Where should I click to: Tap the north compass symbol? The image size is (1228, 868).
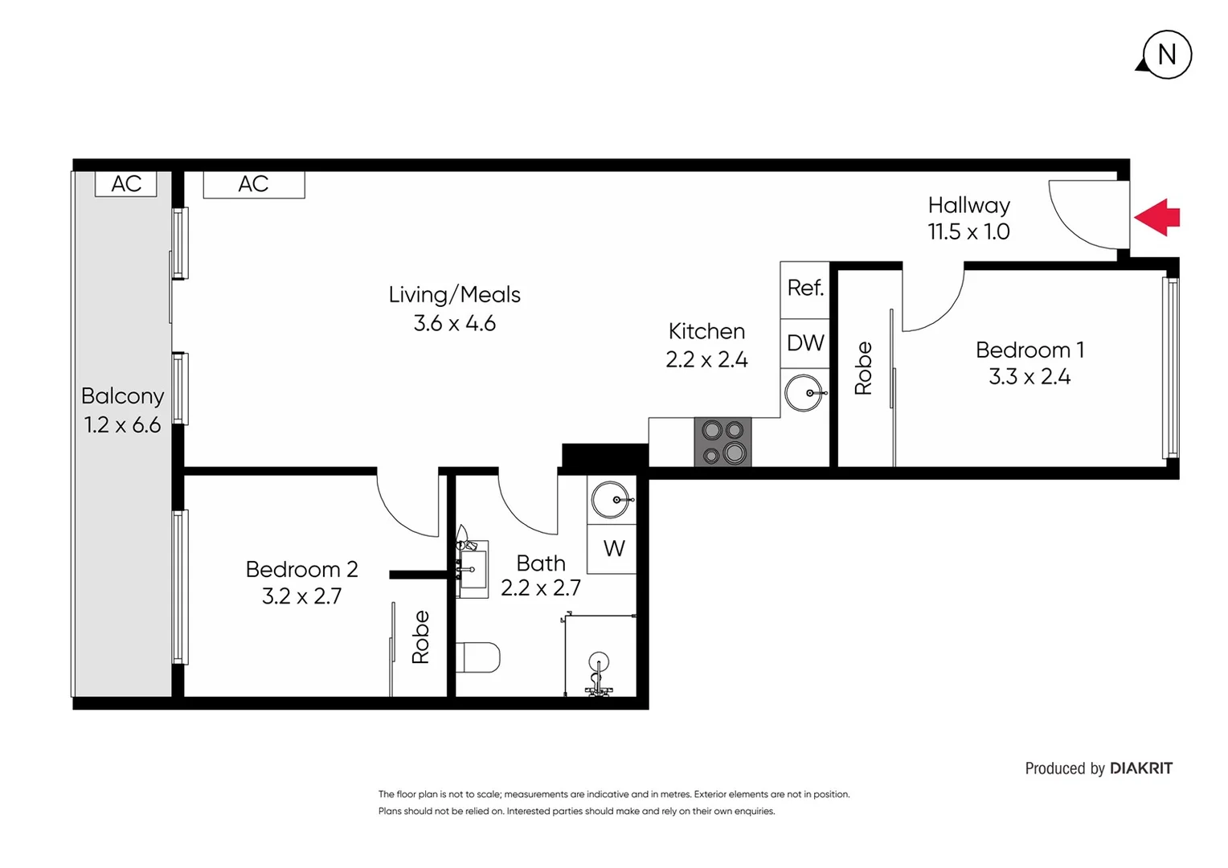[1166, 55]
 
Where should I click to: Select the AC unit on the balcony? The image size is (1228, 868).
[126, 184]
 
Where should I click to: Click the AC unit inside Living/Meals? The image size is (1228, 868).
[253, 184]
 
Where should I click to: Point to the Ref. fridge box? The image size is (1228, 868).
[804, 289]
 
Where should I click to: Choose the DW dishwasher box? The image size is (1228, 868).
[804, 343]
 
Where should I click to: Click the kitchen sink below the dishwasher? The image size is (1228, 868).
[804, 393]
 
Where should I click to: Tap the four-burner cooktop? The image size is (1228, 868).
[722, 442]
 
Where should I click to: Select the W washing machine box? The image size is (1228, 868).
[612, 549]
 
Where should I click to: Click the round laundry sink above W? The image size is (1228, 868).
[612, 500]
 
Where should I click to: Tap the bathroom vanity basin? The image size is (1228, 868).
[473, 569]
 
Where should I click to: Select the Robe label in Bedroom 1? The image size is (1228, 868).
[863, 368]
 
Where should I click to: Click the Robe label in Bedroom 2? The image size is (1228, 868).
[420, 637]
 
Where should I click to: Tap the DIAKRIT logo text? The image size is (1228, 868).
[1140, 768]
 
